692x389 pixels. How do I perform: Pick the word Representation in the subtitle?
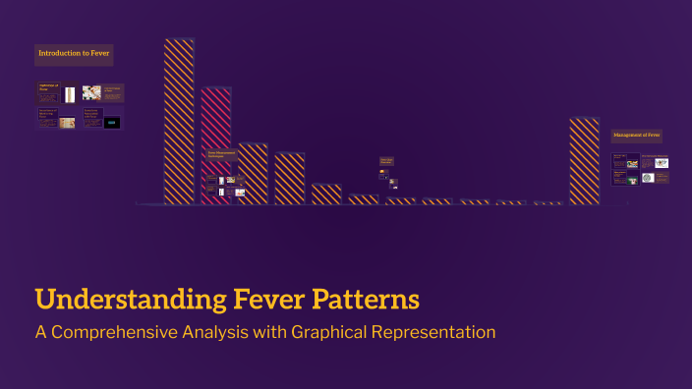tap(434, 332)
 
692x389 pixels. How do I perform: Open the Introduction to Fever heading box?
tap(74, 53)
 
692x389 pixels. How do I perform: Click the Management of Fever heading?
tap(637, 135)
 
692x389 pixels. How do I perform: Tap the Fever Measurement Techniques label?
tap(222, 154)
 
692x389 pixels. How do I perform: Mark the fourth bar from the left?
tap(289, 178)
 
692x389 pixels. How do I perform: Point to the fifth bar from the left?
tap(326, 194)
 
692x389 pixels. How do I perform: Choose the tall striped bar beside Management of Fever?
tap(584, 161)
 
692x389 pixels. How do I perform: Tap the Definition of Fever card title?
tap(49, 89)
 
